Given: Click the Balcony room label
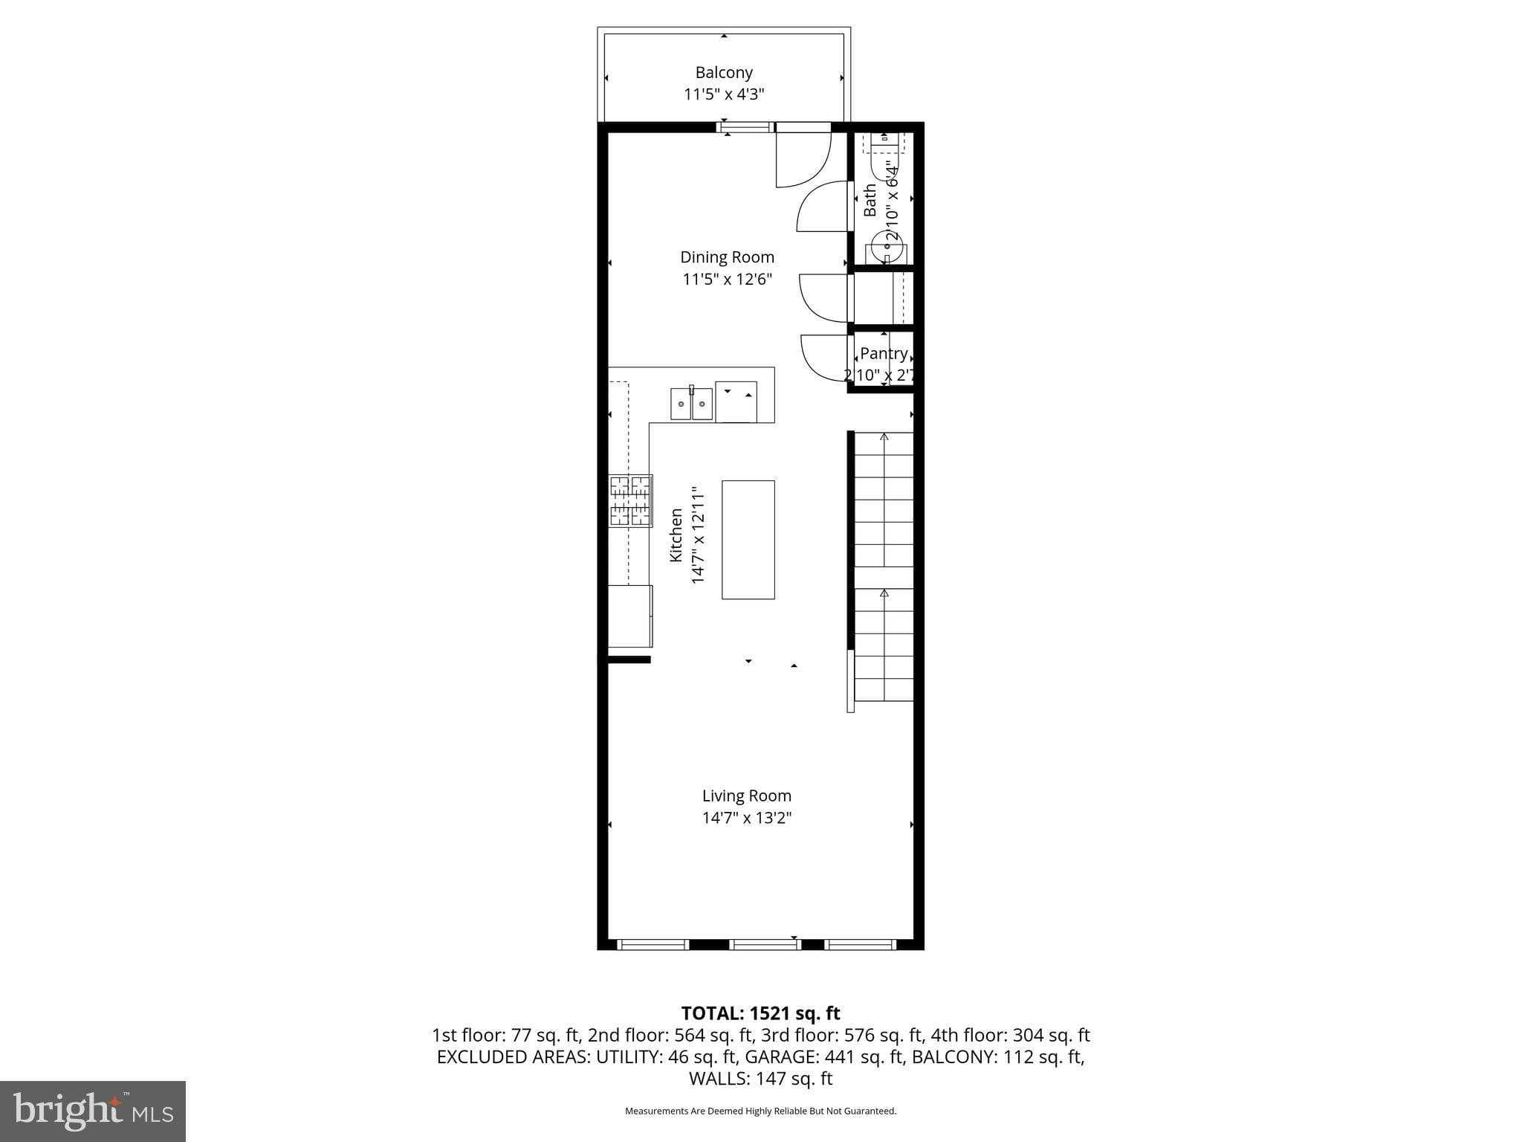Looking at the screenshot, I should pyautogui.click(x=724, y=73).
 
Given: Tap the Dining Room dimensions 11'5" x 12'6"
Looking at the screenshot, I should pyautogui.click(x=728, y=280).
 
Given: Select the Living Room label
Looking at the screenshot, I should pyautogui.click(x=746, y=796).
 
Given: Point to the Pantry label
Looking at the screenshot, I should pyautogui.click(x=884, y=354).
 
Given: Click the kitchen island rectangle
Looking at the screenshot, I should pyautogui.click(x=748, y=540).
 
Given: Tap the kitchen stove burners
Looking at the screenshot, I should pyautogui.click(x=630, y=501).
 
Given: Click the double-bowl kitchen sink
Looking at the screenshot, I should pyautogui.click(x=691, y=404).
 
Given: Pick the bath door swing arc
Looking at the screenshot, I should pyautogui.click(x=821, y=207).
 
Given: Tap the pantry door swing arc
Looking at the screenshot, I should pyautogui.click(x=823, y=360).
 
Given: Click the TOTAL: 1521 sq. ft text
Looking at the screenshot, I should pyautogui.click(x=760, y=1013).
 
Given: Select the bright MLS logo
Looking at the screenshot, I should pyautogui.click(x=93, y=1111).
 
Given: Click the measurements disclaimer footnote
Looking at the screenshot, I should pyautogui.click(x=760, y=1111).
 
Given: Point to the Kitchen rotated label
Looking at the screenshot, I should pyautogui.click(x=676, y=535).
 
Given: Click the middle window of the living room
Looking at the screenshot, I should pyautogui.click(x=765, y=945).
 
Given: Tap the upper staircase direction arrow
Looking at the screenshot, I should pyautogui.click(x=884, y=437).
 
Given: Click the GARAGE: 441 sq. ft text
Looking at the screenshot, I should pyautogui.click(x=825, y=1057).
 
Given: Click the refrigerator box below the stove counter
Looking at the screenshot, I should pyautogui.click(x=629, y=616).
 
